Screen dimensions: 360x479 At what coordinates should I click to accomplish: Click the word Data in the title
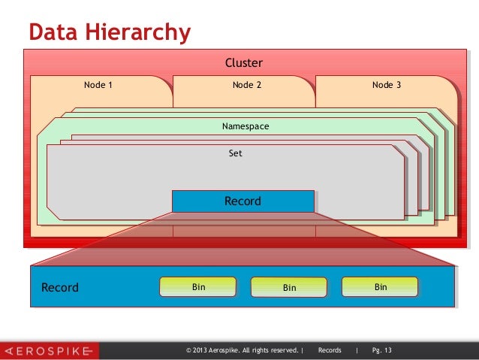(x=52, y=33)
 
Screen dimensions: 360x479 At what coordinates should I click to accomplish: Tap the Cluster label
(x=244, y=63)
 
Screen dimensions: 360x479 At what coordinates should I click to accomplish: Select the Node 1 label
(x=98, y=85)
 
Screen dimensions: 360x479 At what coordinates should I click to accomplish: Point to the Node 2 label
(x=247, y=85)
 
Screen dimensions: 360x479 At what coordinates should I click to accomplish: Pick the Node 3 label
(x=387, y=85)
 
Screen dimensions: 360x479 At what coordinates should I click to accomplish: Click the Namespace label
(x=246, y=126)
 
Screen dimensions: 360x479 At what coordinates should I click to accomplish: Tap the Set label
(x=236, y=153)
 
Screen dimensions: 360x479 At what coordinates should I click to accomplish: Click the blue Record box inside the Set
(x=243, y=201)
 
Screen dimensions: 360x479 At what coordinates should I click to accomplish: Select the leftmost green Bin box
(x=198, y=286)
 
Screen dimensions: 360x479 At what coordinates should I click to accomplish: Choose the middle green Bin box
(x=289, y=287)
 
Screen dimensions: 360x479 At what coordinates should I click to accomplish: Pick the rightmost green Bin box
(x=380, y=286)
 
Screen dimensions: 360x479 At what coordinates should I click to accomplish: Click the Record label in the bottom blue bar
(x=59, y=288)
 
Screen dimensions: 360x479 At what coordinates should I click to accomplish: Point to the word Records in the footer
(x=330, y=350)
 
